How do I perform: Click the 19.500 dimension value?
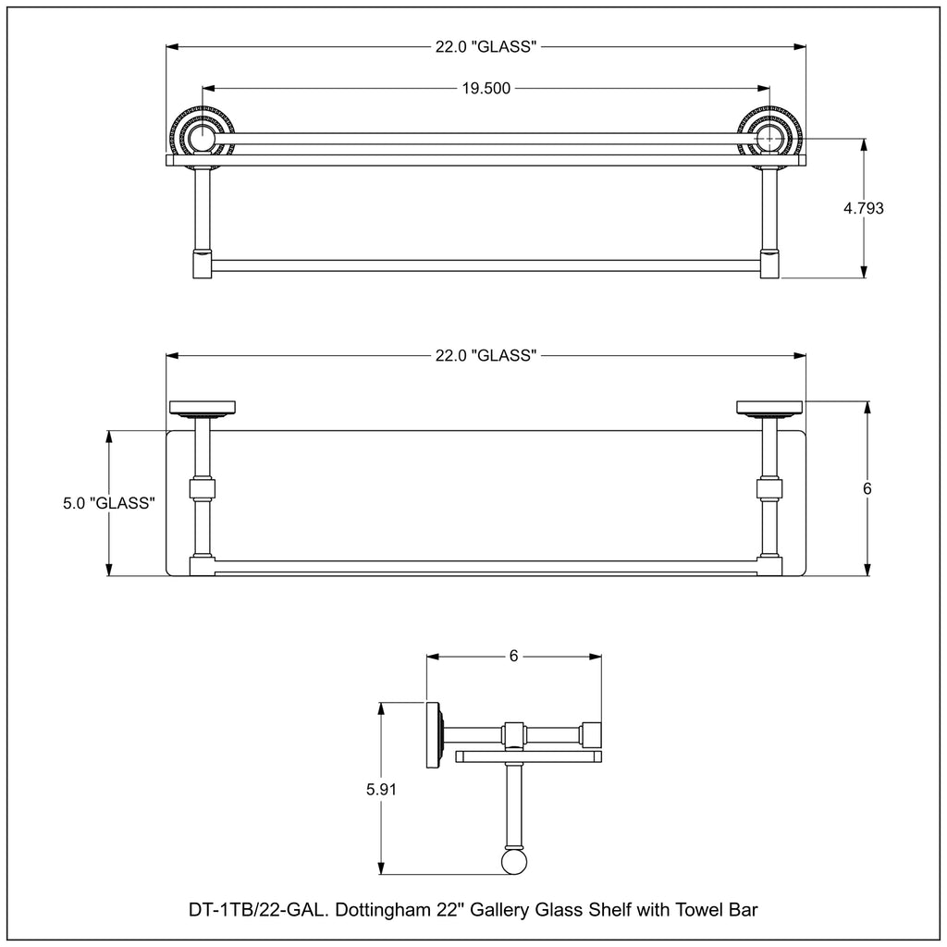tap(486, 89)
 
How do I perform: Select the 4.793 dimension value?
tap(864, 208)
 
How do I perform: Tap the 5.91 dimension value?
tap(381, 790)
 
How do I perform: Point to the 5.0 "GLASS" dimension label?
tap(109, 503)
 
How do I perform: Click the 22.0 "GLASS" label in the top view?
tap(486, 46)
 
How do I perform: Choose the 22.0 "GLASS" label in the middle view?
tap(486, 356)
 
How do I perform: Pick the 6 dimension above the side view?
tap(514, 656)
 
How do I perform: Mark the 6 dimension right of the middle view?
tap(867, 488)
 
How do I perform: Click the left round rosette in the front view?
tap(201, 138)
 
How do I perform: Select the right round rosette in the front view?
tap(770, 138)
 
